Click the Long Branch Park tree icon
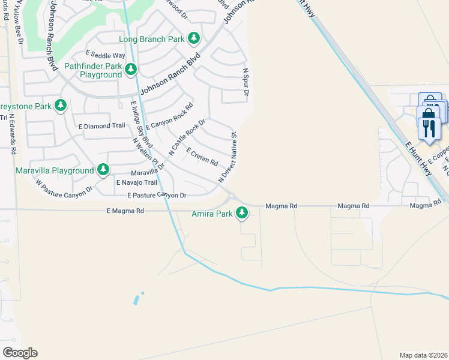point(193,39)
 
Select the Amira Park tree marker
point(242,212)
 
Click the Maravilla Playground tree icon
point(103,170)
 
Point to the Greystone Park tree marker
point(60,106)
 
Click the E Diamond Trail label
point(102,126)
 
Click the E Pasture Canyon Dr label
point(157,196)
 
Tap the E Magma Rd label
point(125,211)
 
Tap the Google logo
point(19,353)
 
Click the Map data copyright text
point(423,355)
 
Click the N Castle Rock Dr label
point(187,138)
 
